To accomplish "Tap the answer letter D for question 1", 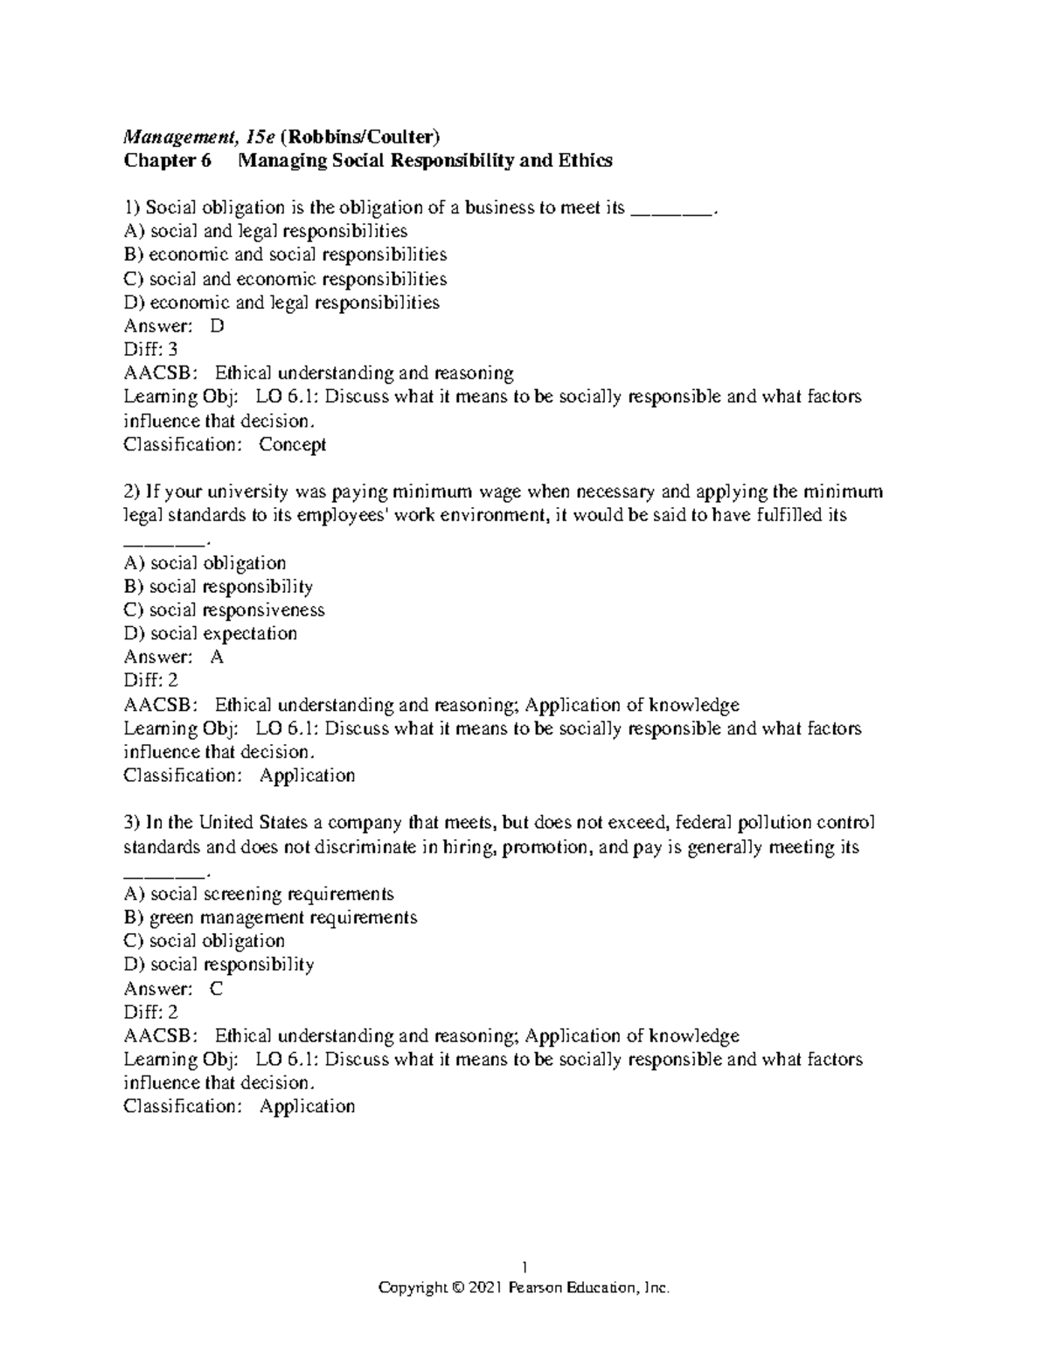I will click(x=218, y=326).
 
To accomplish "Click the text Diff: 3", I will click(x=151, y=350).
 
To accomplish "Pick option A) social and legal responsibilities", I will click(x=266, y=232).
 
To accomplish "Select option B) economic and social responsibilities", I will click(x=285, y=255).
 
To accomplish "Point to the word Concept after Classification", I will click(x=293, y=444).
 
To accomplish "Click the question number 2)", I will click(x=132, y=491).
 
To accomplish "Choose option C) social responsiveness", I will click(x=225, y=610).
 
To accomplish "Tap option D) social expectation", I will click(x=211, y=634).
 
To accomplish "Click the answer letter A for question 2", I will click(x=218, y=658).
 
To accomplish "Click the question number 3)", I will click(x=132, y=823).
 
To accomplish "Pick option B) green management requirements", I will click(x=271, y=918).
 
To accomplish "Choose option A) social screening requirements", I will click(x=259, y=895).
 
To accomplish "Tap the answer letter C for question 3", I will click(x=217, y=989).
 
